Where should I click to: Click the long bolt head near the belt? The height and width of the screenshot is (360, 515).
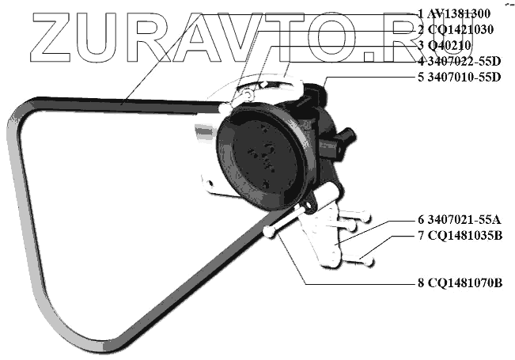(x=270, y=233)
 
